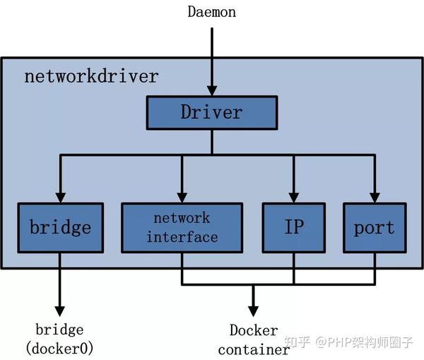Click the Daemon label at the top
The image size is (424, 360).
tap(211, 11)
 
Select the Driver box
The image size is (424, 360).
tap(211, 112)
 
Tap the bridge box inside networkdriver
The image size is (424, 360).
tap(60, 228)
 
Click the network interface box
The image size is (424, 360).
tap(182, 228)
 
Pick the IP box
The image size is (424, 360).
tap(293, 228)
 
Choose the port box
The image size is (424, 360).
tap(374, 228)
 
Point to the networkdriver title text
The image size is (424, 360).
tap(91, 76)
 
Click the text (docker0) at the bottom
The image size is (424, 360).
tap(59, 348)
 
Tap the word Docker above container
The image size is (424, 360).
tap(253, 330)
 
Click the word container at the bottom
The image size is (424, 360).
tap(253, 349)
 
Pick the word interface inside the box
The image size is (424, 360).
tap(182, 237)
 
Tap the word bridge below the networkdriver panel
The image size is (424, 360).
tap(59, 330)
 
